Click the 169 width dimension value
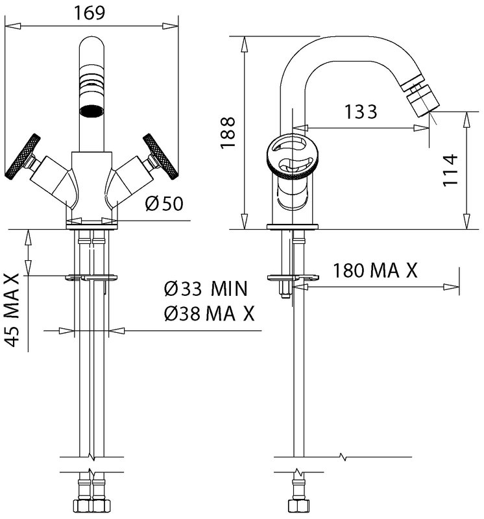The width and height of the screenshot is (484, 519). (89, 12)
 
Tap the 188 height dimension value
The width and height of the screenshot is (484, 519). (228, 132)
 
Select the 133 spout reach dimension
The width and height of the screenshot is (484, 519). (361, 112)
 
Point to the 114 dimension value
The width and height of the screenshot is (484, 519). (450, 170)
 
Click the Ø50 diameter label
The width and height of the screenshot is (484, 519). (164, 204)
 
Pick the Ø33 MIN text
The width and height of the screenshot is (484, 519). (206, 289)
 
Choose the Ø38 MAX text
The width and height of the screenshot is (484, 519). (209, 313)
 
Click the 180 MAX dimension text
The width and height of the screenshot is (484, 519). (375, 271)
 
